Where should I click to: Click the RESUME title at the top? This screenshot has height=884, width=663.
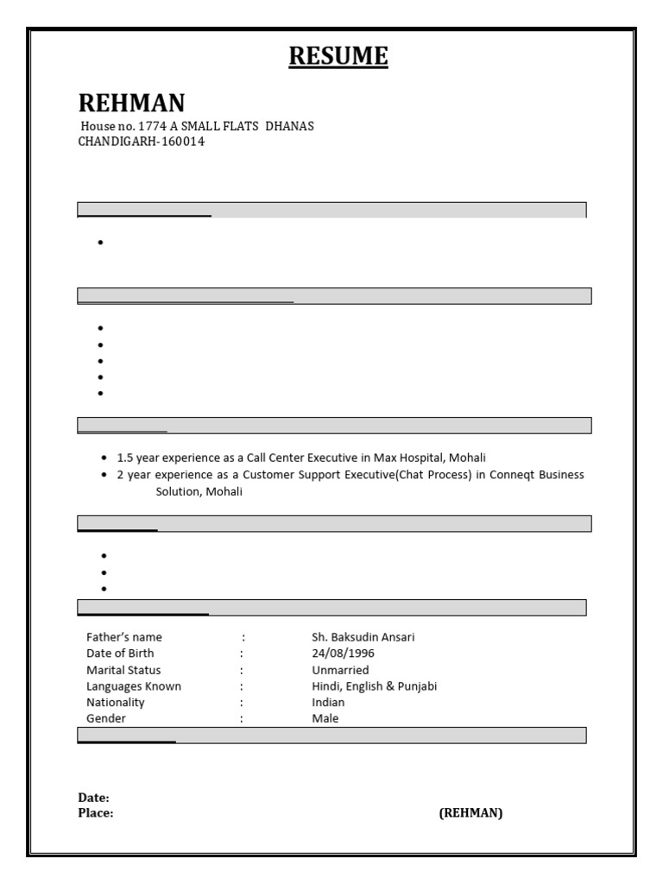338,57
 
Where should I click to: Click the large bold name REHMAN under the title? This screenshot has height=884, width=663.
131,104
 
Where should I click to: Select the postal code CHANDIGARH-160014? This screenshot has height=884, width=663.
142,142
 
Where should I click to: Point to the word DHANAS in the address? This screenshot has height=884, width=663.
289,126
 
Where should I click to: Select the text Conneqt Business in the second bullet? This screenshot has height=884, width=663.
536,475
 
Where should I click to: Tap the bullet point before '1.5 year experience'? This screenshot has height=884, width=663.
104,458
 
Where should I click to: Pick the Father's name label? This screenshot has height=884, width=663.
124,637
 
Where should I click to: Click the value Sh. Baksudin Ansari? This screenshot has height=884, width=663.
363,637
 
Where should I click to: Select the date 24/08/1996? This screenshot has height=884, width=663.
343,654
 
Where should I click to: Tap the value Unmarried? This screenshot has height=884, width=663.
340,670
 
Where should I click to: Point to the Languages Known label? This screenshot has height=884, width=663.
134,686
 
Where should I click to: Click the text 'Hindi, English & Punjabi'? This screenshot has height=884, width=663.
375,686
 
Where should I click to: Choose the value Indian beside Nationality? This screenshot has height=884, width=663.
328,702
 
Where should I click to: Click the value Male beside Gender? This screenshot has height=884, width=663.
325,718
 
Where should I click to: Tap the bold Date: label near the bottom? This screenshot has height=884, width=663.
93,799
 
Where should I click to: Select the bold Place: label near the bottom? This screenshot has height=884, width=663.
96,813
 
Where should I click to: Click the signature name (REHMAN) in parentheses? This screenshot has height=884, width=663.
470,813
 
